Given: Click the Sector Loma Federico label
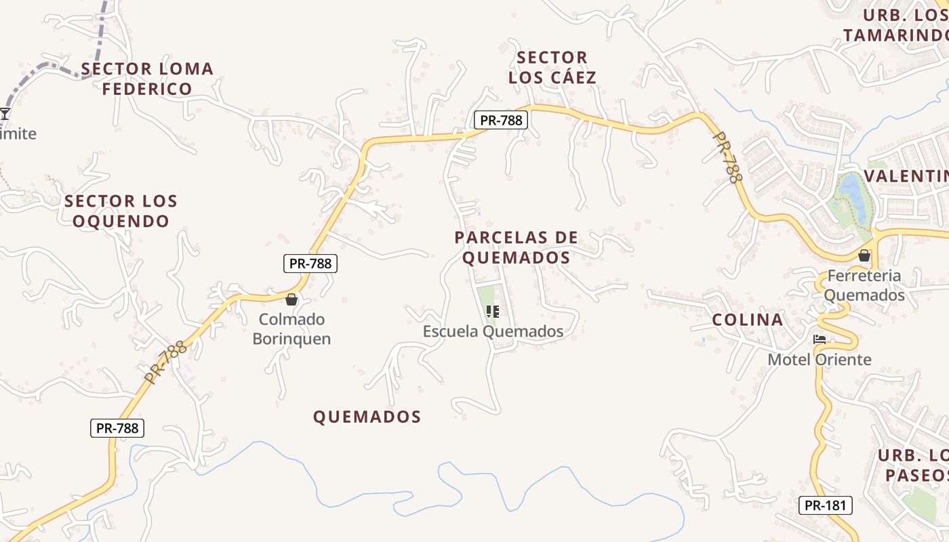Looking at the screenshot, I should tap(147, 79).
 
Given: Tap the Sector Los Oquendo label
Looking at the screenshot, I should tap(121, 211).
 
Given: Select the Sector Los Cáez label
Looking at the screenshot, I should tap(552, 67).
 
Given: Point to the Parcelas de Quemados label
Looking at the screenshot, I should tap(517, 247).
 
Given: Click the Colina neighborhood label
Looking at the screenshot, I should tap(748, 320).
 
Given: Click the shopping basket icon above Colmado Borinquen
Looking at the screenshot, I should tap(291, 299).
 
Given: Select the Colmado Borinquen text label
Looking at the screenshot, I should tap(291, 329).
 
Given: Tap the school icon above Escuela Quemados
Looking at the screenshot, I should tap(493, 312).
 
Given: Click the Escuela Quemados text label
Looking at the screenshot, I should tap(493, 331).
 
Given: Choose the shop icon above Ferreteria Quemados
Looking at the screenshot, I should tap(864, 255).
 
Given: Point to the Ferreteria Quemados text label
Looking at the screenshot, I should tap(864, 285).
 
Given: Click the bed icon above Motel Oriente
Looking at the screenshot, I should tap(820, 339).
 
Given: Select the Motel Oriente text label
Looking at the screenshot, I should tap(820, 359).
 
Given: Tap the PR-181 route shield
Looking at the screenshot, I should tap(824, 505).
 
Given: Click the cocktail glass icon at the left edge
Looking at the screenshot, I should tap(5, 113).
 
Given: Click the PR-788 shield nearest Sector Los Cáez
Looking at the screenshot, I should tap(500, 120).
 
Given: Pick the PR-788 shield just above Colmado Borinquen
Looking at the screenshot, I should tap(310, 264).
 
